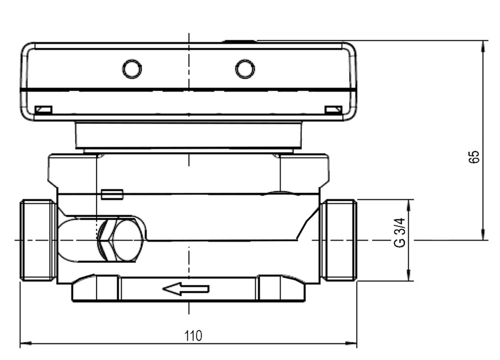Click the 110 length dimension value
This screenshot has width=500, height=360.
[x=193, y=336]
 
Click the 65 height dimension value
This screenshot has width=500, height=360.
[x=474, y=157]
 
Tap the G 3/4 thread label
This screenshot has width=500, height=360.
[x=399, y=233]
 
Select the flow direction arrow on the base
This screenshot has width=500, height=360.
[x=186, y=289]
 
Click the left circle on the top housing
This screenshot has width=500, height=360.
[x=132, y=68]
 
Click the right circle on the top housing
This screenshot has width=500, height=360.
[x=245, y=68]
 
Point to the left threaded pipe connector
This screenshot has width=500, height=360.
[x=38, y=240]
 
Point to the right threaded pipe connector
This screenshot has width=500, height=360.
[x=339, y=240]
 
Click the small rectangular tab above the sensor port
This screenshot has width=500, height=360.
[x=112, y=194]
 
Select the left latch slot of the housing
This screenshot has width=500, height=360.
[x=43, y=110]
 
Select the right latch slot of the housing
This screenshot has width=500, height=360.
[x=333, y=110]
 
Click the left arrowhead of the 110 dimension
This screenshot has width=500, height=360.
[x=26, y=343]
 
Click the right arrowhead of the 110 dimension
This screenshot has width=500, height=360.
[x=352, y=343]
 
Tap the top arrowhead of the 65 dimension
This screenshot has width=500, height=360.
[x=484, y=47]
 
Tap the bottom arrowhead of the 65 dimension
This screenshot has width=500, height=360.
[x=484, y=234]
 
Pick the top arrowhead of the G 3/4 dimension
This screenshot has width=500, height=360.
[x=409, y=206]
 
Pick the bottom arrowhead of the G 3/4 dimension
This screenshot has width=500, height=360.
[x=409, y=275]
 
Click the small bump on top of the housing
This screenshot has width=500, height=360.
[x=239, y=41]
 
